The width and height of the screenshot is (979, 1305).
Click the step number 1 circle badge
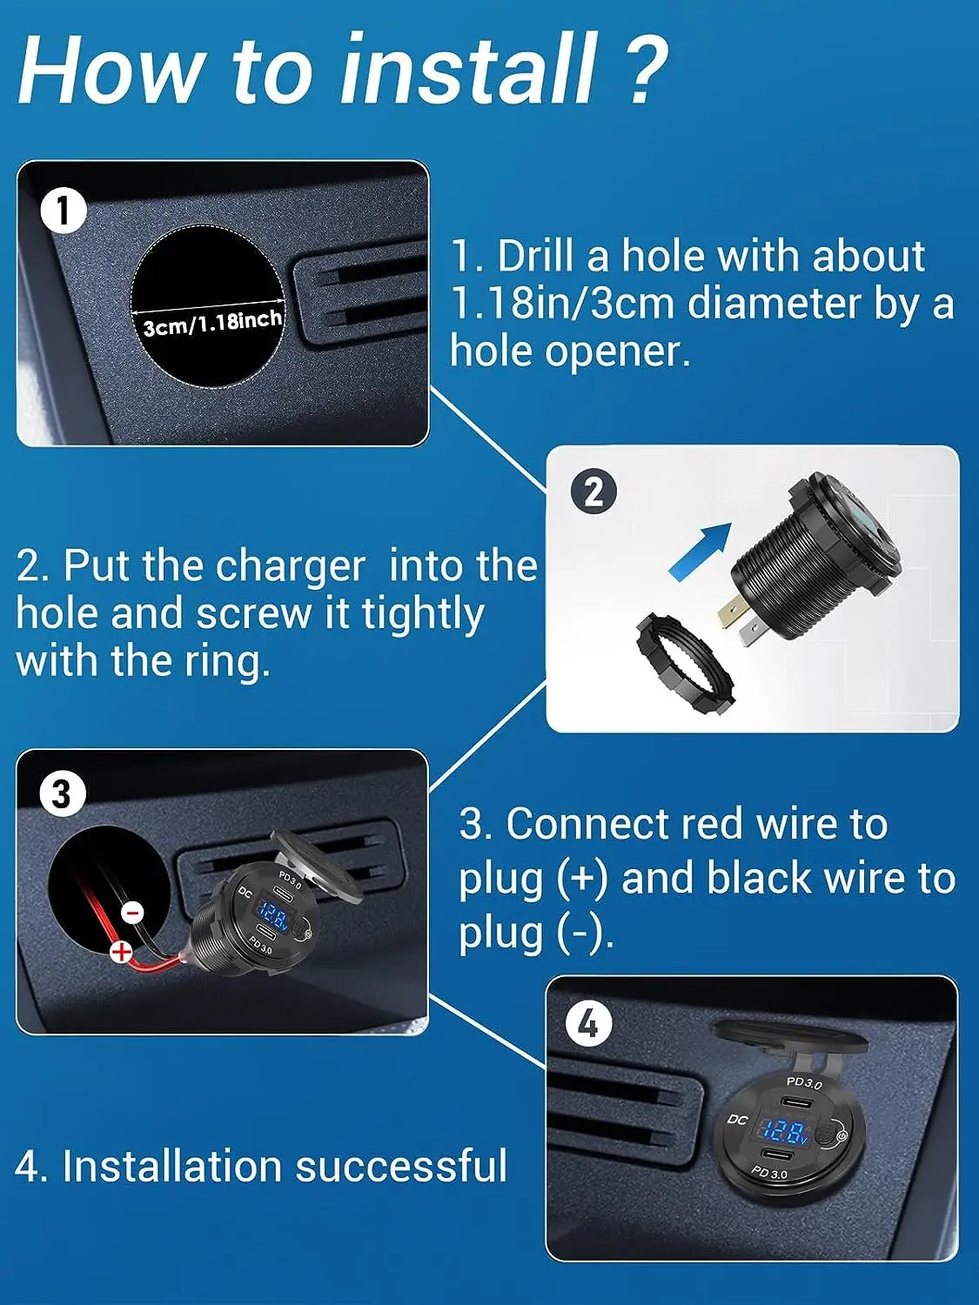coord(64,210)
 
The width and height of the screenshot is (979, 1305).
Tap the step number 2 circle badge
coord(593,492)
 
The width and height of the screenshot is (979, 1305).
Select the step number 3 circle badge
coord(62,793)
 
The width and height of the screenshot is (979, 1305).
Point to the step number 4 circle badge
coord(588,1024)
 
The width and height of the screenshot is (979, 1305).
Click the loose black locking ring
coord(685,664)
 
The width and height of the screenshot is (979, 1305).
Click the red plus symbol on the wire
coord(122,952)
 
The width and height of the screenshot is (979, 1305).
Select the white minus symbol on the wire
coord(133,912)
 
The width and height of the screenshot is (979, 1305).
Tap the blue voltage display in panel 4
coord(785,1133)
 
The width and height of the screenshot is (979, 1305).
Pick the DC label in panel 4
coord(737,1120)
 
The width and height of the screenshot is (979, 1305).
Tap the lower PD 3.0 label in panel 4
coord(769,1172)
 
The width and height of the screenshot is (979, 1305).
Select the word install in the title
coord(467,70)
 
